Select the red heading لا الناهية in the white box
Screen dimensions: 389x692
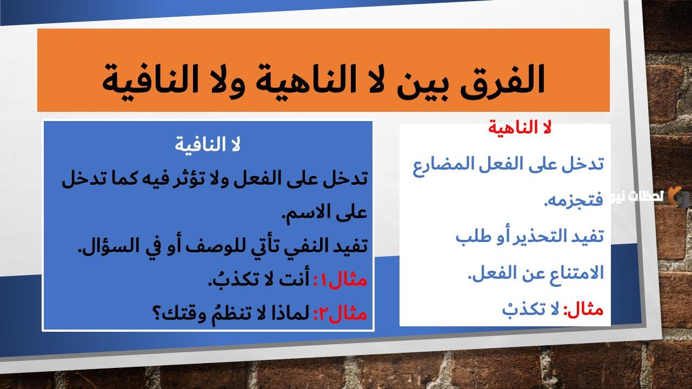(519, 128)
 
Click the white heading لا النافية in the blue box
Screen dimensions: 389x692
(209, 145)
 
